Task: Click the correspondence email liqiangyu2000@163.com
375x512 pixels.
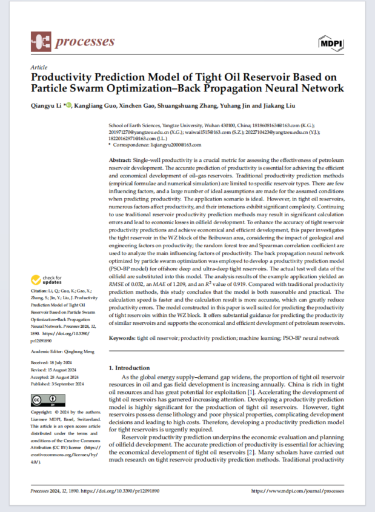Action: (176, 145)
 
